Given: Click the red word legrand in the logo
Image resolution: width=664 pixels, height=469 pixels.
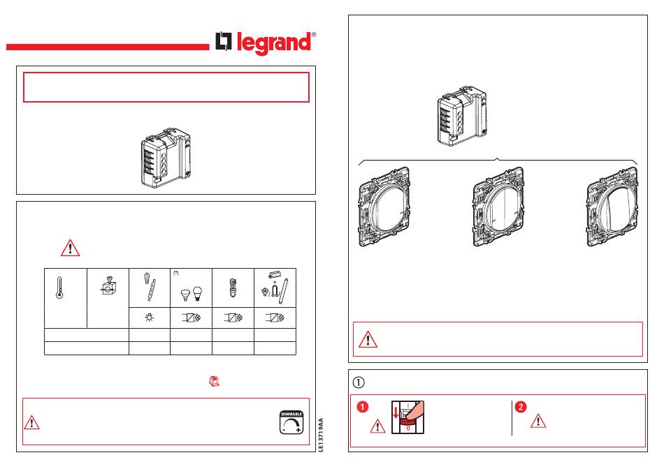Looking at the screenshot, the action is click(x=273, y=43).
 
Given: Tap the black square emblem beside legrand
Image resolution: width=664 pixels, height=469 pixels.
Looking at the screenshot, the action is click(x=224, y=41).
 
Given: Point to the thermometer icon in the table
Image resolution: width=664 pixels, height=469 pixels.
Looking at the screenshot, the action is click(x=59, y=288).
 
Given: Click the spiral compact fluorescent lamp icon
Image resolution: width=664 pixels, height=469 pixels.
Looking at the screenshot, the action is click(x=232, y=287).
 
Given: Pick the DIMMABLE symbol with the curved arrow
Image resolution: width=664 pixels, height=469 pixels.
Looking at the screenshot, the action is click(x=291, y=422).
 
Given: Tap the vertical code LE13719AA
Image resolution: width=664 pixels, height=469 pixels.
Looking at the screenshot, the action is click(x=321, y=435).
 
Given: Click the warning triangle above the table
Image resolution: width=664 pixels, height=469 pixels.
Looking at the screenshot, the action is click(x=71, y=248).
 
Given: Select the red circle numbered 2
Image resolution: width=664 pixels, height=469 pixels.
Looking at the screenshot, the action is click(x=521, y=407).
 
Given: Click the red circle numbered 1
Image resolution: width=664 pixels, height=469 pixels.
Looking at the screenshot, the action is click(x=363, y=407).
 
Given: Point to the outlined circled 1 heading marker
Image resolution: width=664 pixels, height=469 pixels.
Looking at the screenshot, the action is click(x=359, y=382).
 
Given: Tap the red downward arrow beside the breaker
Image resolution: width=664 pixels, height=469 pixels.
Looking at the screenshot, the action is click(x=396, y=412).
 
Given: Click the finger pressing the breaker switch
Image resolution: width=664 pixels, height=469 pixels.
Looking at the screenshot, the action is click(x=414, y=410).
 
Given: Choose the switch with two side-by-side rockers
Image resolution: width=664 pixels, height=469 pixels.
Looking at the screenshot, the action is click(x=498, y=207).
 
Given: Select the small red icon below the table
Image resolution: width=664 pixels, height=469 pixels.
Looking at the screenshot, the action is click(x=215, y=381).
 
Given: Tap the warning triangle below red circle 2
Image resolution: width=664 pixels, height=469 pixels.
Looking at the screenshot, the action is click(x=538, y=422).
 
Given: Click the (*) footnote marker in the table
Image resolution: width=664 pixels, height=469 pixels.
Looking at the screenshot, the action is click(x=175, y=273).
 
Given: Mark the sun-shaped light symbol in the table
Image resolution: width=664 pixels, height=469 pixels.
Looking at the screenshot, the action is click(x=149, y=317).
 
